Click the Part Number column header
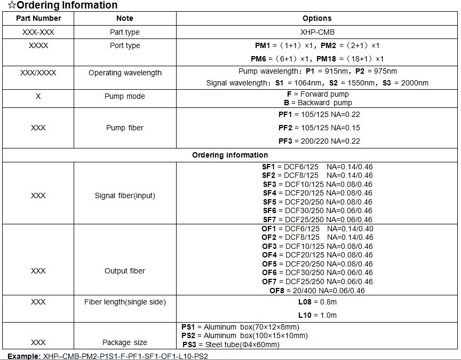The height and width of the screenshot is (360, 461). click(38, 18)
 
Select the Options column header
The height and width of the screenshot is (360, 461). click(317, 18)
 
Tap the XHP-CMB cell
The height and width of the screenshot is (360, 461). click(317, 32)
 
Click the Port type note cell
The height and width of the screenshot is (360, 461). click(125, 45)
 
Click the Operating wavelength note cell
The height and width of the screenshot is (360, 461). click(125, 73)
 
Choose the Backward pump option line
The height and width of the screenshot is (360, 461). click(317, 103)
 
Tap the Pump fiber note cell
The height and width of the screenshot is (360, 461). click(124, 128)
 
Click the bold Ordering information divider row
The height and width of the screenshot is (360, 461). click(230, 155)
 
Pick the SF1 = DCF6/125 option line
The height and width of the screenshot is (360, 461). click(317, 167)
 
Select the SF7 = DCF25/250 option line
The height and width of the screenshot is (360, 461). click(317, 219)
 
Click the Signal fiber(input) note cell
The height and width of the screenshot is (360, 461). click(125, 195)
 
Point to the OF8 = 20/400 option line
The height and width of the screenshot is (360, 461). click(317, 291)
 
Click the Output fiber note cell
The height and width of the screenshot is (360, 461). click(124, 271)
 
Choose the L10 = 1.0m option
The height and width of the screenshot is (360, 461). click(317, 315)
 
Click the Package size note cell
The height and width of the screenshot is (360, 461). click(124, 342)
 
